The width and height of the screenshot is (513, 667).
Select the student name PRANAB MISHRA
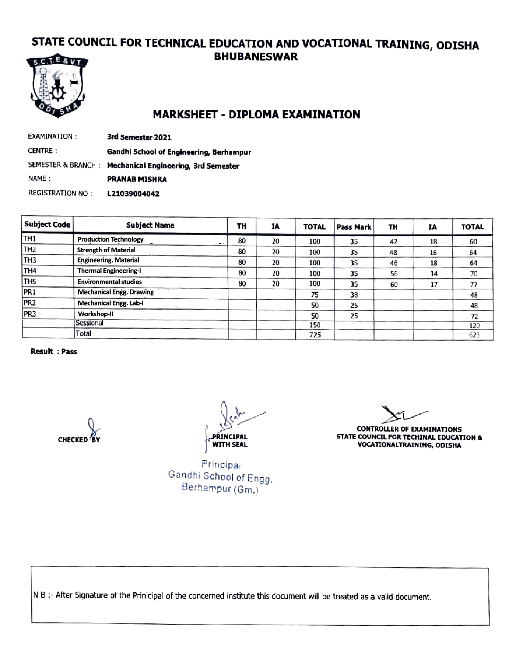pyautogui.click(x=137, y=179)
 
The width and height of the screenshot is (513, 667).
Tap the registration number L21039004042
pyautogui.click(x=133, y=194)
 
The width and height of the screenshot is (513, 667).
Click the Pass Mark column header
pyautogui.click(x=354, y=227)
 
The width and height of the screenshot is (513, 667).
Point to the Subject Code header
pyautogui.click(x=47, y=224)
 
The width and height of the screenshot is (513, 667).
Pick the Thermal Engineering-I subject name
pyautogui.click(x=109, y=271)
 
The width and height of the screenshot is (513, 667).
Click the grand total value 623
pyautogui.click(x=474, y=335)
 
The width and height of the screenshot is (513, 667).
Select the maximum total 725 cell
pyautogui.click(x=315, y=335)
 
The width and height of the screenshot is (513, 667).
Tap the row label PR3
pyautogui.click(x=30, y=314)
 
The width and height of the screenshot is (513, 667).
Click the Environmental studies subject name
pyautogui.click(x=110, y=282)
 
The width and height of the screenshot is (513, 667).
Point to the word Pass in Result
pyautogui.click(x=69, y=351)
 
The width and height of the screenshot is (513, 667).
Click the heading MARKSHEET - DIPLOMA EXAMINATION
pyautogui.click(x=256, y=114)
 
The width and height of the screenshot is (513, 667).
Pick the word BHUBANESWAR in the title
pyautogui.click(x=256, y=57)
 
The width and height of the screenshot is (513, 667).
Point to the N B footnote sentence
pyautogui.click(x=232, y=596)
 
